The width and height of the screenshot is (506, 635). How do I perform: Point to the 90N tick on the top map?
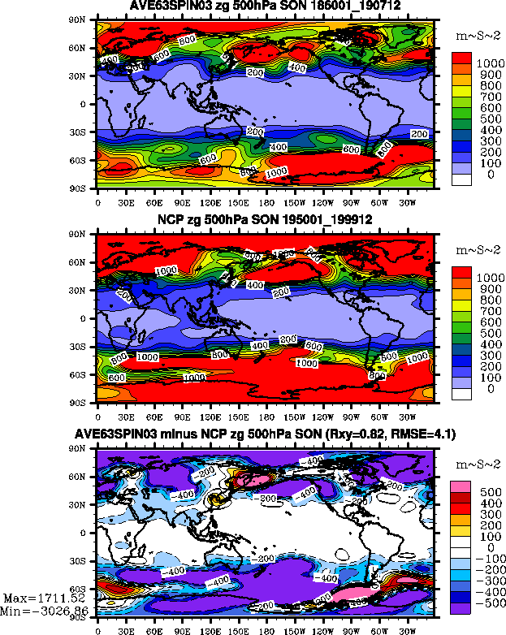coord(84,20)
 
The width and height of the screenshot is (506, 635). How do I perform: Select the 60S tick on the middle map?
coord(84,374)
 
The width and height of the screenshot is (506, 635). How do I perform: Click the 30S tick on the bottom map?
coord(84,561)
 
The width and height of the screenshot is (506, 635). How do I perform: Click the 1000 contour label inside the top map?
coord(276,172)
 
